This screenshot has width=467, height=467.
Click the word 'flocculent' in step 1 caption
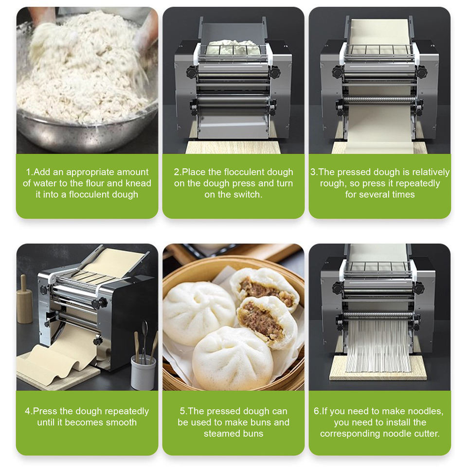coord(91,195)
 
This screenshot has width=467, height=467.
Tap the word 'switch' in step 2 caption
coord(248,195)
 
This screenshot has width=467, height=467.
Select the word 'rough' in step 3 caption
coord(331,183)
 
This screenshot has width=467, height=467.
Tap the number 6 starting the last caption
coord(316,411)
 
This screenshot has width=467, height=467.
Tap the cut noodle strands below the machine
coord(378,346)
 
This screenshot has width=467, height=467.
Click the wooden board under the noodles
coord(378,369)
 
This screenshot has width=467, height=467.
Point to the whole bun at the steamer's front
coord(233,359)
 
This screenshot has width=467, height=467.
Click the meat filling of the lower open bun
coord(261,322)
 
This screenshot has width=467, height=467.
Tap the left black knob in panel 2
coord(192,72)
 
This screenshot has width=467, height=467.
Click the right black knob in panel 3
coord(421,72)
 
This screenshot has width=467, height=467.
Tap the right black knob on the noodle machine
coord(419,288)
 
